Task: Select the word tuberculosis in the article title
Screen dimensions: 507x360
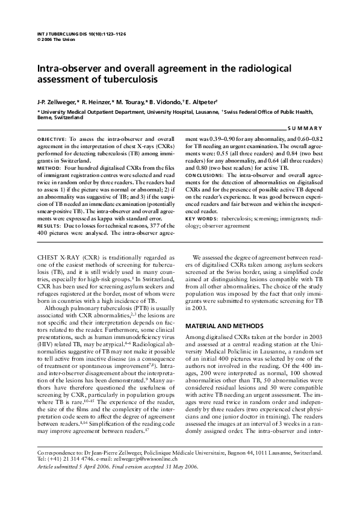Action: coord(131,79)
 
